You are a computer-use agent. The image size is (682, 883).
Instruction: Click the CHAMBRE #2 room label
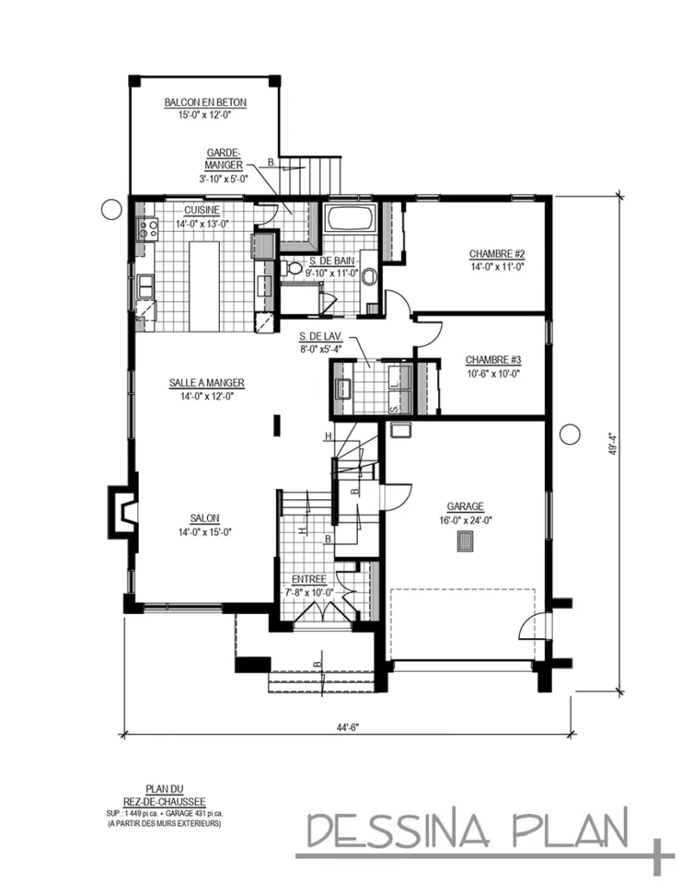[x=497, y=254]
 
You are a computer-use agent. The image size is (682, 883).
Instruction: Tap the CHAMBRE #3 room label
[x=492, y=360]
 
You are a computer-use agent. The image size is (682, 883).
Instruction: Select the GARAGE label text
[x=465, y=506]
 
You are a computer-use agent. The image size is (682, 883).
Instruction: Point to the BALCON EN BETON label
[x=205, y=103]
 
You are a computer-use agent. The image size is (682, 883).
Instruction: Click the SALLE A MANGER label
[x=205, y=382]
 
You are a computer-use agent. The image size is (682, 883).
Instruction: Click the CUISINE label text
[x=201, y=210]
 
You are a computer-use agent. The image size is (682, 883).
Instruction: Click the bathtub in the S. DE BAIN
[x=350, y=219]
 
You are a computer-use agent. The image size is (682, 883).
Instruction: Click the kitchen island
[x=205, y=285]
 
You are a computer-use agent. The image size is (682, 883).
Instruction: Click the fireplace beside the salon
[x=122, y=516]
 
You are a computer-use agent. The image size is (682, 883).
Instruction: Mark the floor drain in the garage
[x=465, y=541]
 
